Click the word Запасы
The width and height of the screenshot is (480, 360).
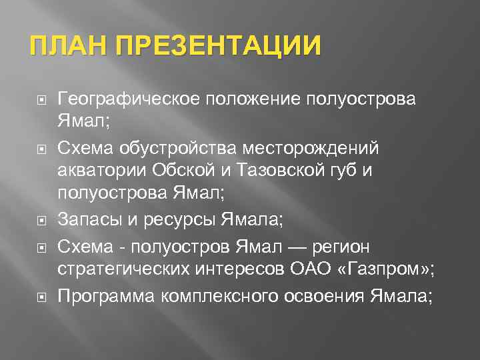point(87,217)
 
